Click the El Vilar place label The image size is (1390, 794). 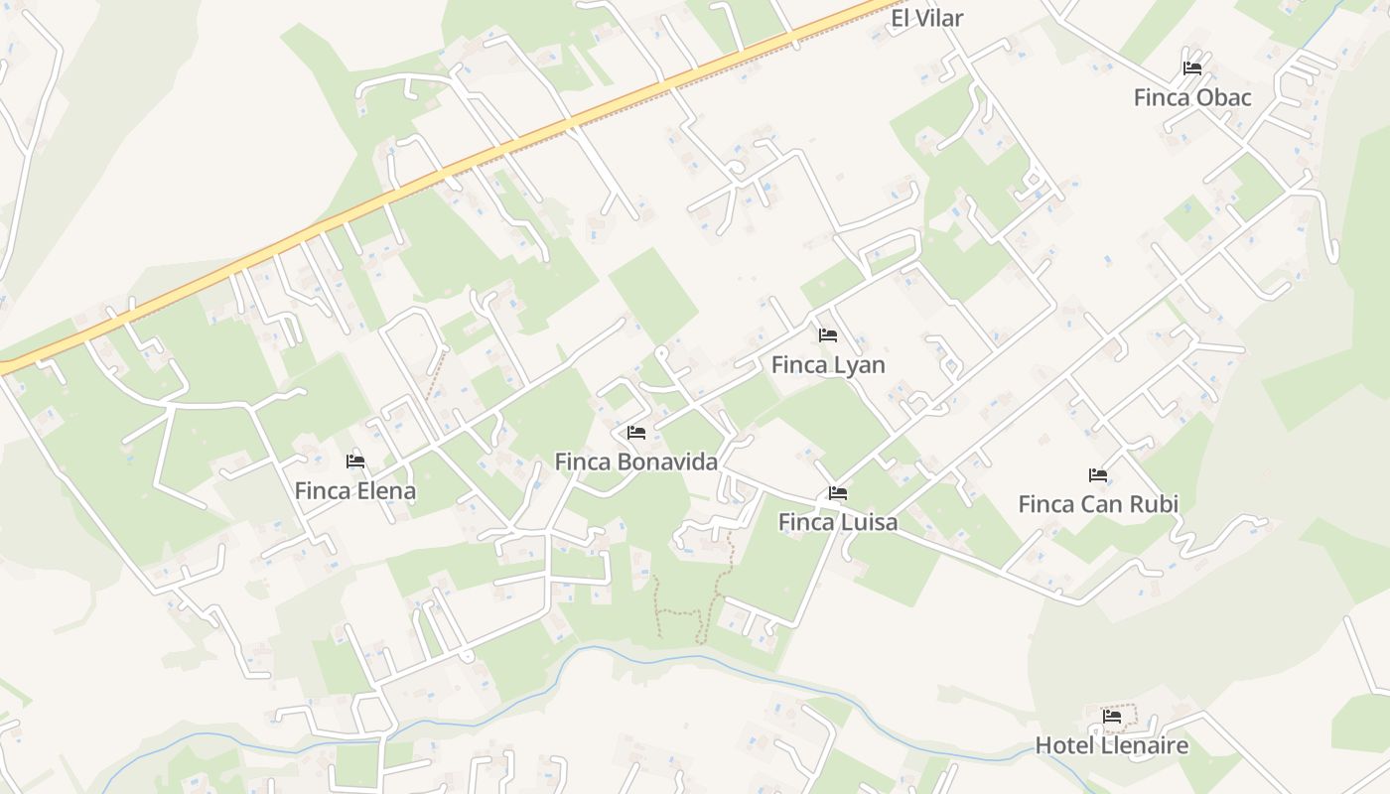tap(927, 18)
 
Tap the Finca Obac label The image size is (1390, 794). tap(1192, 97)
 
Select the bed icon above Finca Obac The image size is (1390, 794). tap(1192, 68)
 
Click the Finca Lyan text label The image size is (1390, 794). tap(828, 364)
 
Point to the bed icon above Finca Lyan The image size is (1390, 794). tap(828, 335)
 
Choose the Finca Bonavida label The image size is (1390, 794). tap(635, 462)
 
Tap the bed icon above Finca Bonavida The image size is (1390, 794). tap(636, 433)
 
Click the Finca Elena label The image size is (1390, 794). tap(355, 490)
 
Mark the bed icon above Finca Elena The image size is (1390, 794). tap(355, 462)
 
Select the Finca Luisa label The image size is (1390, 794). tap(838, 522)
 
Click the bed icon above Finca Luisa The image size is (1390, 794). tap(838, 493)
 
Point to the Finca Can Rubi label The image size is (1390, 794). tap(1098, 504)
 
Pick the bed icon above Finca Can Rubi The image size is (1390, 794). tap(1098, 475)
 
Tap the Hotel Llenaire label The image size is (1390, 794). tap(1112, 745)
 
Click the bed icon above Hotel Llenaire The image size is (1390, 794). tap(1112, 716)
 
